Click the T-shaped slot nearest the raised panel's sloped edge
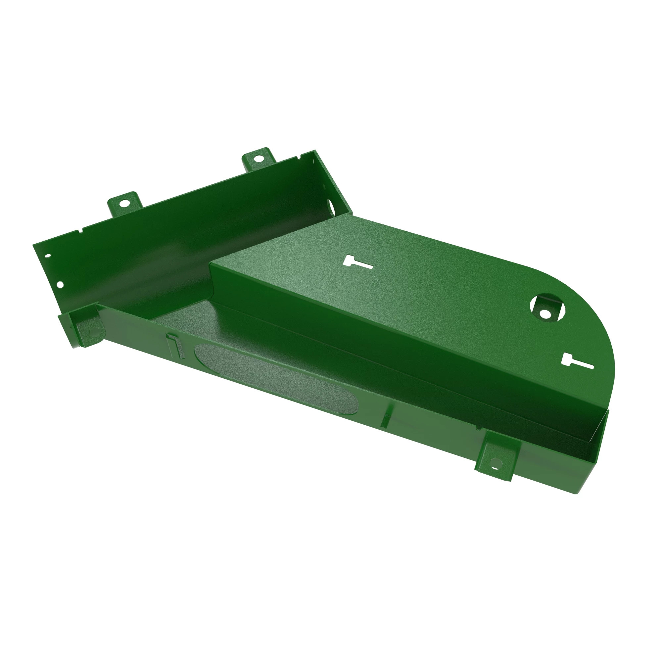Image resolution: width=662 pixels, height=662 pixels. coord(356,263)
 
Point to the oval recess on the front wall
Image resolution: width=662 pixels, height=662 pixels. coord(276,379)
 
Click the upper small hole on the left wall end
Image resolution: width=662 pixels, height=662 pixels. coord(48,256)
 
